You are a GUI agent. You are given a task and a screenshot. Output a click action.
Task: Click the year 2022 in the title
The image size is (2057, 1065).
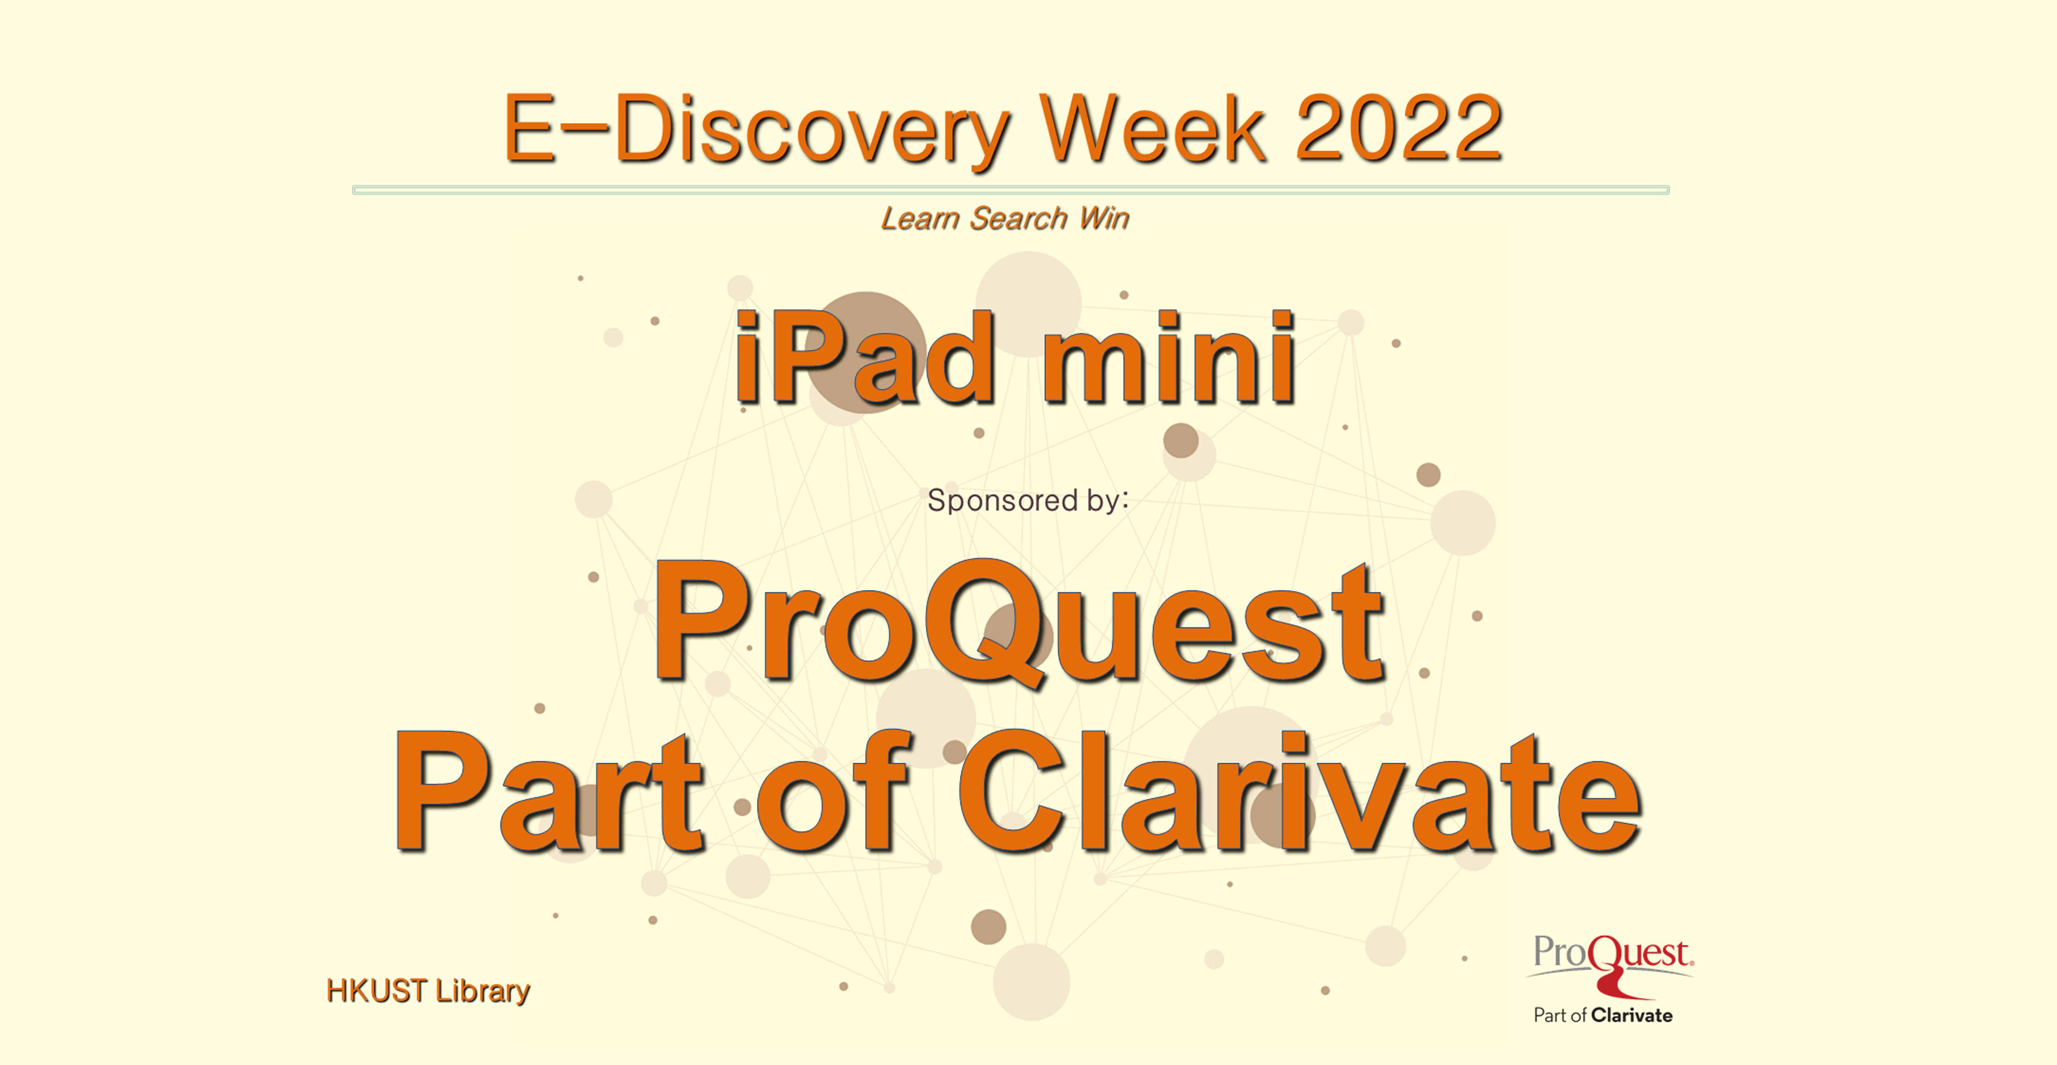coord(1399,129)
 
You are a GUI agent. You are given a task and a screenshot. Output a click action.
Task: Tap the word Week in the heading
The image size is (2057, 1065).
coord(1152,129)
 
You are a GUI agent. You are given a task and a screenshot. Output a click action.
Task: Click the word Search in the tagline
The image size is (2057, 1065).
coord(1018,218)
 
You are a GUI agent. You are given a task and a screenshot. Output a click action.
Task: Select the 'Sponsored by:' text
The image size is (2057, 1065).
coord(1028,500)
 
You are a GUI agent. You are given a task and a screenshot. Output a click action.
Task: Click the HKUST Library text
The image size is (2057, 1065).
coord(428,991)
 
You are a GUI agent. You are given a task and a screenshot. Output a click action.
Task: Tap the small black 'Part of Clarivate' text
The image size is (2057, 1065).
coord(1603,1015)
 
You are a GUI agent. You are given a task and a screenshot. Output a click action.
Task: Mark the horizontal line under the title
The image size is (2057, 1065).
coord(1010,190)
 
